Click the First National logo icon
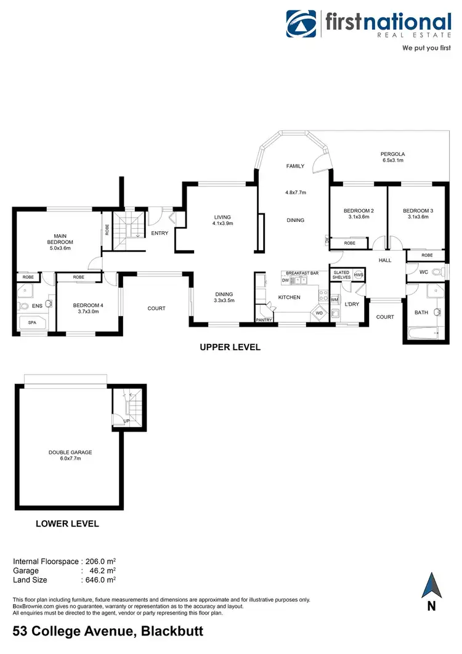(302, 24)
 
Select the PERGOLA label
(392, 154)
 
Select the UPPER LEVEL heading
(230, 348)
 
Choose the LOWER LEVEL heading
(67, 524)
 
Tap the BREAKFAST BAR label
(302, 273)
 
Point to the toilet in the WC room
(437, 272)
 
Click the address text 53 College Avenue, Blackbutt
(108, 632)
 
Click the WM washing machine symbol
(334, 300)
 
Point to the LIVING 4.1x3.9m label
(222, 221)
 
